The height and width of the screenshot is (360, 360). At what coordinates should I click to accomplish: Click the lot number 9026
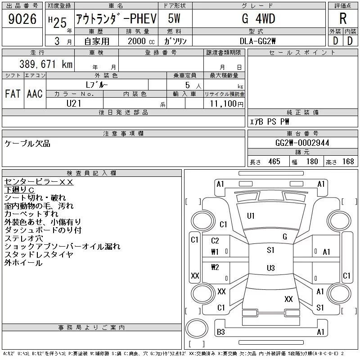tap(22, 19)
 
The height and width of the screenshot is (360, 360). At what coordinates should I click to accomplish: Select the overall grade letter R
tap(343, 19)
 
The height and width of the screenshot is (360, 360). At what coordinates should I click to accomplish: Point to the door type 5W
tap(175, 19)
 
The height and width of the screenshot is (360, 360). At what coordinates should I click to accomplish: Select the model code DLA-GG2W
tap(258, 41)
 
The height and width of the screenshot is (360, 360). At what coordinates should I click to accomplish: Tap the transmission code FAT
tap(13, 94)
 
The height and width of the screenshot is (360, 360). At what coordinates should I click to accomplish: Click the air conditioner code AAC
tap(35, 94)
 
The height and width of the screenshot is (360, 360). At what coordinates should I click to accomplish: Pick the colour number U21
tap(74, 103)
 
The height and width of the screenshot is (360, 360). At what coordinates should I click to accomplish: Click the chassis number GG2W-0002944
tap(302, 143)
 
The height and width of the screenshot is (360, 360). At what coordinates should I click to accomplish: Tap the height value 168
tap(347, 162)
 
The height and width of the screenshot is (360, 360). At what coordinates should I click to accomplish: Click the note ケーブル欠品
tap(27, 143)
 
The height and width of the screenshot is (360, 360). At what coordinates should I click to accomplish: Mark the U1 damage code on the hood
tap(251, 216)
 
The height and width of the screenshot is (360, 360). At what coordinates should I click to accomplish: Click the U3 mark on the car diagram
tap(270, 268)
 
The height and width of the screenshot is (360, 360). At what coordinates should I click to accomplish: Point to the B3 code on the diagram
tap(220, 332)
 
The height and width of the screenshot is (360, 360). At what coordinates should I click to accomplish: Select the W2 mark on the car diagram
tap(215, 267)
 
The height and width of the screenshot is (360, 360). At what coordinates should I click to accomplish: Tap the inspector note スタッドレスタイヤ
tap(39, 255)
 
